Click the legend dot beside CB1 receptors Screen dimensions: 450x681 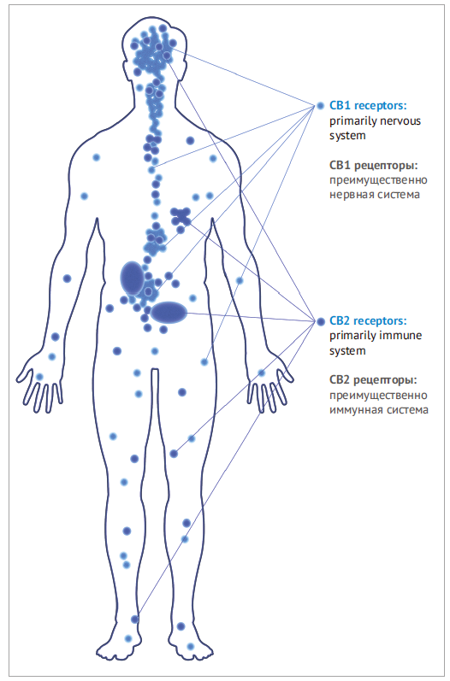(x=321, y=106)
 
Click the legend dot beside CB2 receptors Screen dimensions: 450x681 (x=321, y=321)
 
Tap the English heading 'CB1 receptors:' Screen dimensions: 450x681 (x=368, y=106)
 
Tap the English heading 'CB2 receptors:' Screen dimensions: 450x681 (x=368, y=321)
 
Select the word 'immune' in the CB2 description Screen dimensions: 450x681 (x=400, y=336)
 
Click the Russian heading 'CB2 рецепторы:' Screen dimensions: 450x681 (x=373, y=380)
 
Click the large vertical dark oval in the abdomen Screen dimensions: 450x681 (x=132, y=279)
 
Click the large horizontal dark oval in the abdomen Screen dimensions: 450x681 (x=169, y=313)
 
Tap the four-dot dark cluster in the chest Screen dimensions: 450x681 (x=181, y=216)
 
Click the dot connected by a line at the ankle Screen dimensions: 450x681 (x=135, y=619)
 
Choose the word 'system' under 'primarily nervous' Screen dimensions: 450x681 (x=347, y=136)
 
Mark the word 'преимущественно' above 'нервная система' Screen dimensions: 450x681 (x=378, y=180)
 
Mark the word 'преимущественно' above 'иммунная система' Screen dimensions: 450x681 (x=378, y=396)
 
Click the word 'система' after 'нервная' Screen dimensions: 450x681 (x=399, y=195)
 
